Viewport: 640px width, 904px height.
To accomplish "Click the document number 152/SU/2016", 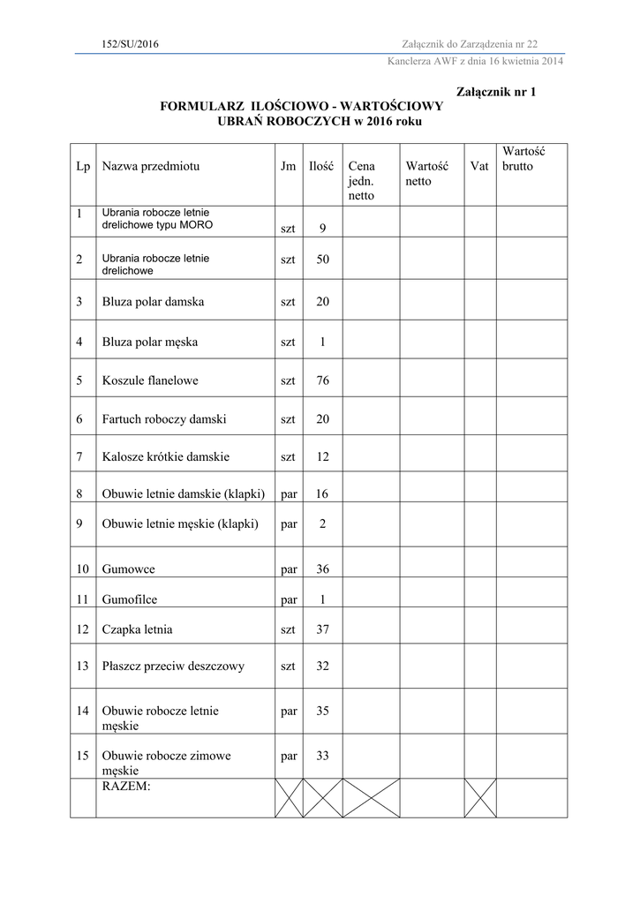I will tap(131, 44).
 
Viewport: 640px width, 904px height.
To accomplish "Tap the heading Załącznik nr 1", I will tap(496, 92).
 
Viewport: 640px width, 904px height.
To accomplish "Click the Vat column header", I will tap(479, 166).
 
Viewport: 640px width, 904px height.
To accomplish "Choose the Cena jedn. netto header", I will tap(362, 180).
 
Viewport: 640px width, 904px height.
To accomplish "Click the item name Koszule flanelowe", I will tap(150, 380).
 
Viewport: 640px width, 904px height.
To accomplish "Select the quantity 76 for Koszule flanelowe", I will tap(322, 380).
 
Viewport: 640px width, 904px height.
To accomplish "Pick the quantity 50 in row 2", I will tap(322, 260).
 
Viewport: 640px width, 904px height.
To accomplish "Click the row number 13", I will tap(83, 666).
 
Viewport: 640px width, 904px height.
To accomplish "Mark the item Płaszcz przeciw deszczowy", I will tap(173, 666).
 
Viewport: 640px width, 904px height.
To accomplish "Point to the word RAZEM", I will tap(126, 785).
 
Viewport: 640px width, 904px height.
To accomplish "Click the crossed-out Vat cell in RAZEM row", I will tap(480, 797).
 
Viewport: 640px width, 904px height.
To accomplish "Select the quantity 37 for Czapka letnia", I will tap(322, 629).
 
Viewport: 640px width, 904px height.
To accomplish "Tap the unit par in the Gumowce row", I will tap(289, 569).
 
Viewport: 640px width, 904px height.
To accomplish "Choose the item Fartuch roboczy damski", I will tap(164, 419).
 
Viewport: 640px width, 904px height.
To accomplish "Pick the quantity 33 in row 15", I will tap(322, 756).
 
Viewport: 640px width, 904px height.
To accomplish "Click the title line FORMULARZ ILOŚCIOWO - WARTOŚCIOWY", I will tap(301, 106).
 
